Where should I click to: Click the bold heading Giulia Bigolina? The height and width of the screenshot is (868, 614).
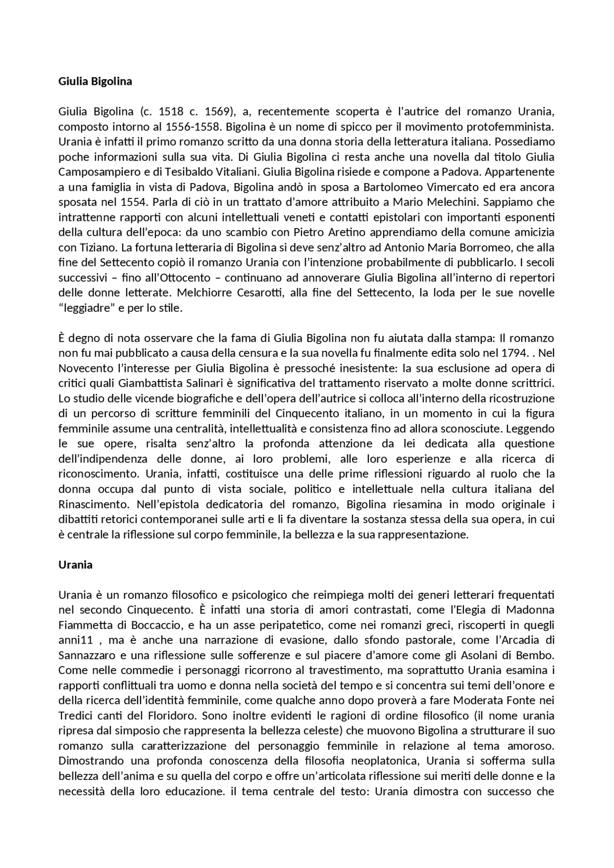tap(95, 81)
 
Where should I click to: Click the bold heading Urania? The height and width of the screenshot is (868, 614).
tap(75, 565)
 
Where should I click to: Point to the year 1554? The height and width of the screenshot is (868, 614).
tap(121, 202)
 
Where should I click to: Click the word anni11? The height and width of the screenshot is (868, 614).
tap(75, 640)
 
